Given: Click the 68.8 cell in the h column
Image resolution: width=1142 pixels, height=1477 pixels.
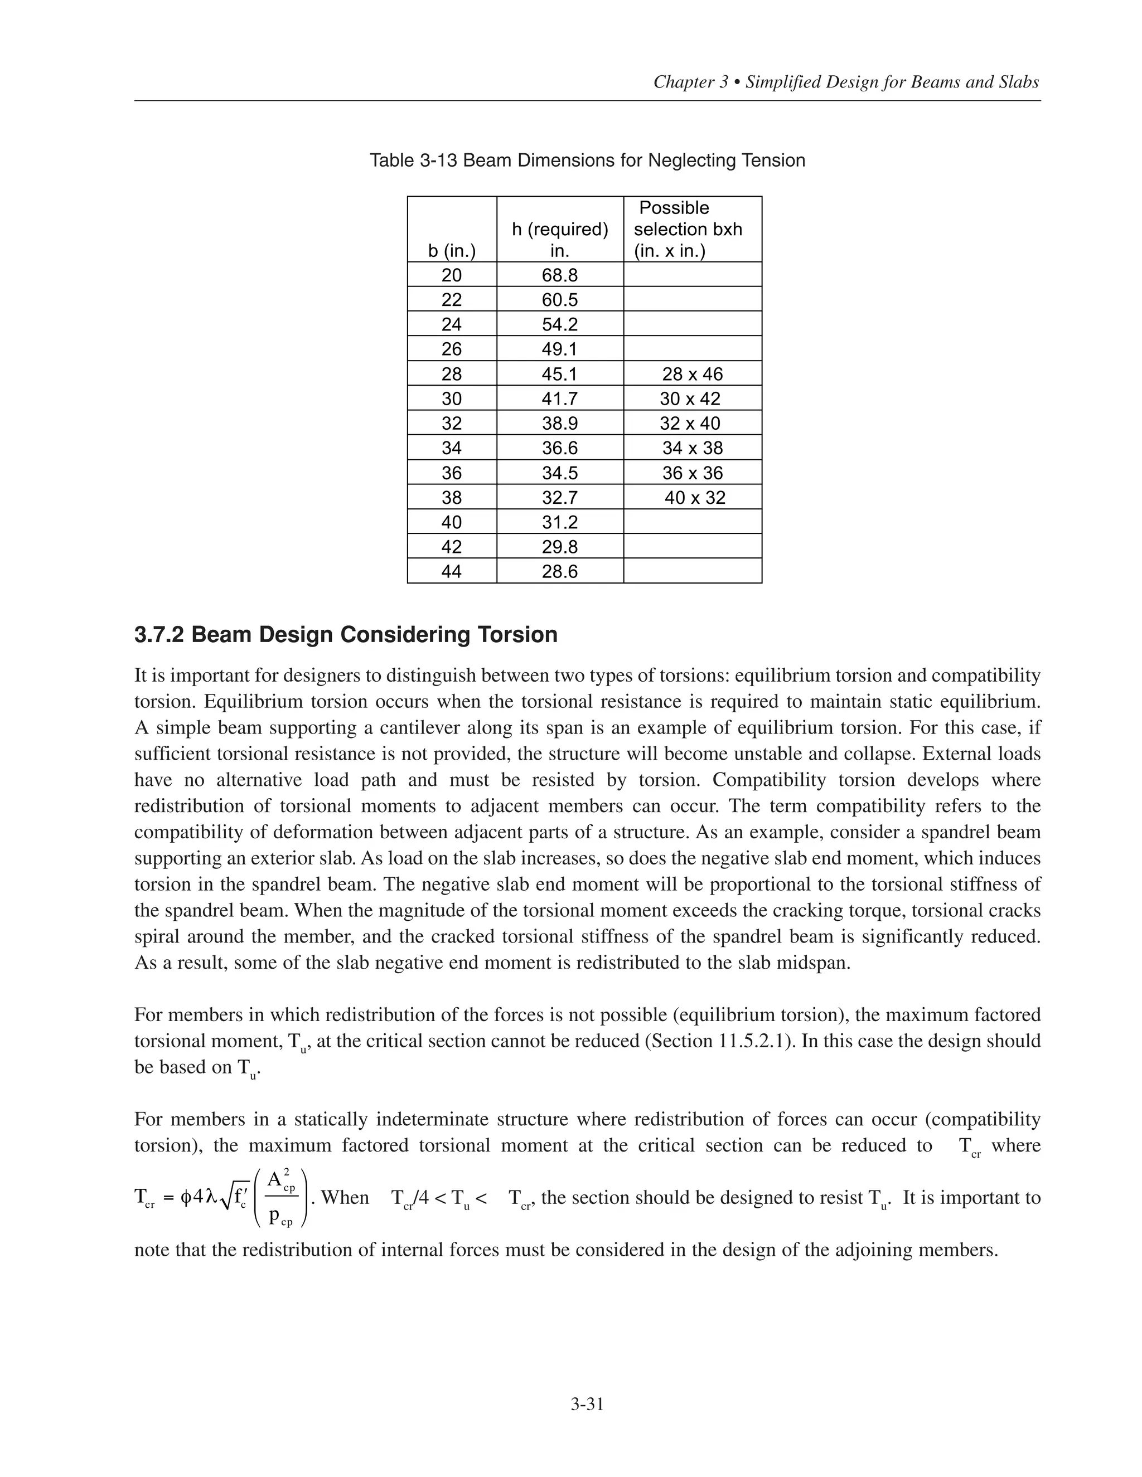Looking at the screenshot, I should coord(559,275).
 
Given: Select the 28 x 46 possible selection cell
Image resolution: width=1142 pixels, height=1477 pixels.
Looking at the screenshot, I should coord(692,374).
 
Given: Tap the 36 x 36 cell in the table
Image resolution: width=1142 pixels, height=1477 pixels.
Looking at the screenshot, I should coord(692,473).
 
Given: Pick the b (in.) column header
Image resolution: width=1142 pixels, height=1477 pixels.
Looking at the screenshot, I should coord(451,251).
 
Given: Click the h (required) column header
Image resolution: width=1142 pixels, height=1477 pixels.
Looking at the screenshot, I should coord(559,230).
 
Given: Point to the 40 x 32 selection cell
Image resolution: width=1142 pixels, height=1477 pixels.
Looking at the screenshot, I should coord(694,498).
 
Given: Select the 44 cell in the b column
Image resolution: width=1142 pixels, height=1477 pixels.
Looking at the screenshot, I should coord(451,571).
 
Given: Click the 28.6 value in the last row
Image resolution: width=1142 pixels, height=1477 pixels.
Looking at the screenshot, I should coord(559,571).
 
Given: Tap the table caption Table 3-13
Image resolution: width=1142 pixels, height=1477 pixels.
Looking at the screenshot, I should coord(413,161).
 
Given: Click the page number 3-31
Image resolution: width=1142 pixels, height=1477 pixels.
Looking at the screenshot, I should coord(587,1404).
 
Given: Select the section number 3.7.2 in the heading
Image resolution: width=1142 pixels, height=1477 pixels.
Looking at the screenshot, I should coord(159,635).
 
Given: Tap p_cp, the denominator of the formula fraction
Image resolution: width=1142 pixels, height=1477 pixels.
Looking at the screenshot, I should coord(280,1217).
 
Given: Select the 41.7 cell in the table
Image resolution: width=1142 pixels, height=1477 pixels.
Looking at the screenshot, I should coord(559,399).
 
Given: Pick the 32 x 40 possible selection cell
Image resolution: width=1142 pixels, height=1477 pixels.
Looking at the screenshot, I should coord(690,424).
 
